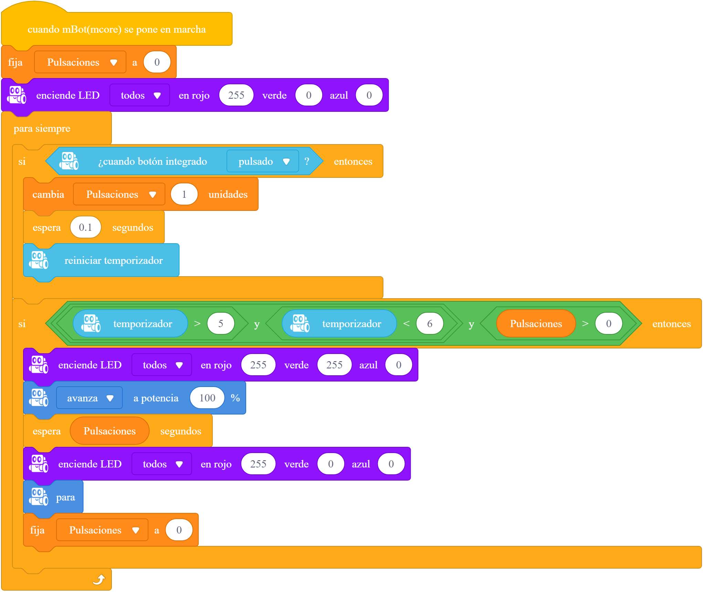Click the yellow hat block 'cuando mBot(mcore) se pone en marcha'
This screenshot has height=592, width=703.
117,29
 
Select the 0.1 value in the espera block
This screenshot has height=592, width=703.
85,227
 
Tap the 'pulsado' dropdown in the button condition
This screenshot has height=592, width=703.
263,161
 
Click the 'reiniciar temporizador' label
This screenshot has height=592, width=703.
114,260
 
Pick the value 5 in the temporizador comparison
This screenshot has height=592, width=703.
221,323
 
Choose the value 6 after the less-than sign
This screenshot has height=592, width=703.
430,323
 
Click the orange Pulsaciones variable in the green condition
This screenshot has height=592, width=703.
536,323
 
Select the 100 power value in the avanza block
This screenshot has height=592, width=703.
207,398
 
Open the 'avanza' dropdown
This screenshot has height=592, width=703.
89,398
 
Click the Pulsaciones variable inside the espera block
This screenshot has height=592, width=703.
109,431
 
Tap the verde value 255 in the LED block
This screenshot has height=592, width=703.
334,365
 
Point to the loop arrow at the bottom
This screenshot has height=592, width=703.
99,580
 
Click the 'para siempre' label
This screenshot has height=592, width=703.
42,128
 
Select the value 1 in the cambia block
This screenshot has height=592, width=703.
184,194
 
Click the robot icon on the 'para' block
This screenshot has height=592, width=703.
39,497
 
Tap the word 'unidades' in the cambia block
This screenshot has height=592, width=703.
228,194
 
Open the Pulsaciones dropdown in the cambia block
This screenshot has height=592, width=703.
119,194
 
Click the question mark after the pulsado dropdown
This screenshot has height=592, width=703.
307,161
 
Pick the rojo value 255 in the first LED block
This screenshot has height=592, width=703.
236,95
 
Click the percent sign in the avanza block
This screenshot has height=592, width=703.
235,398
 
